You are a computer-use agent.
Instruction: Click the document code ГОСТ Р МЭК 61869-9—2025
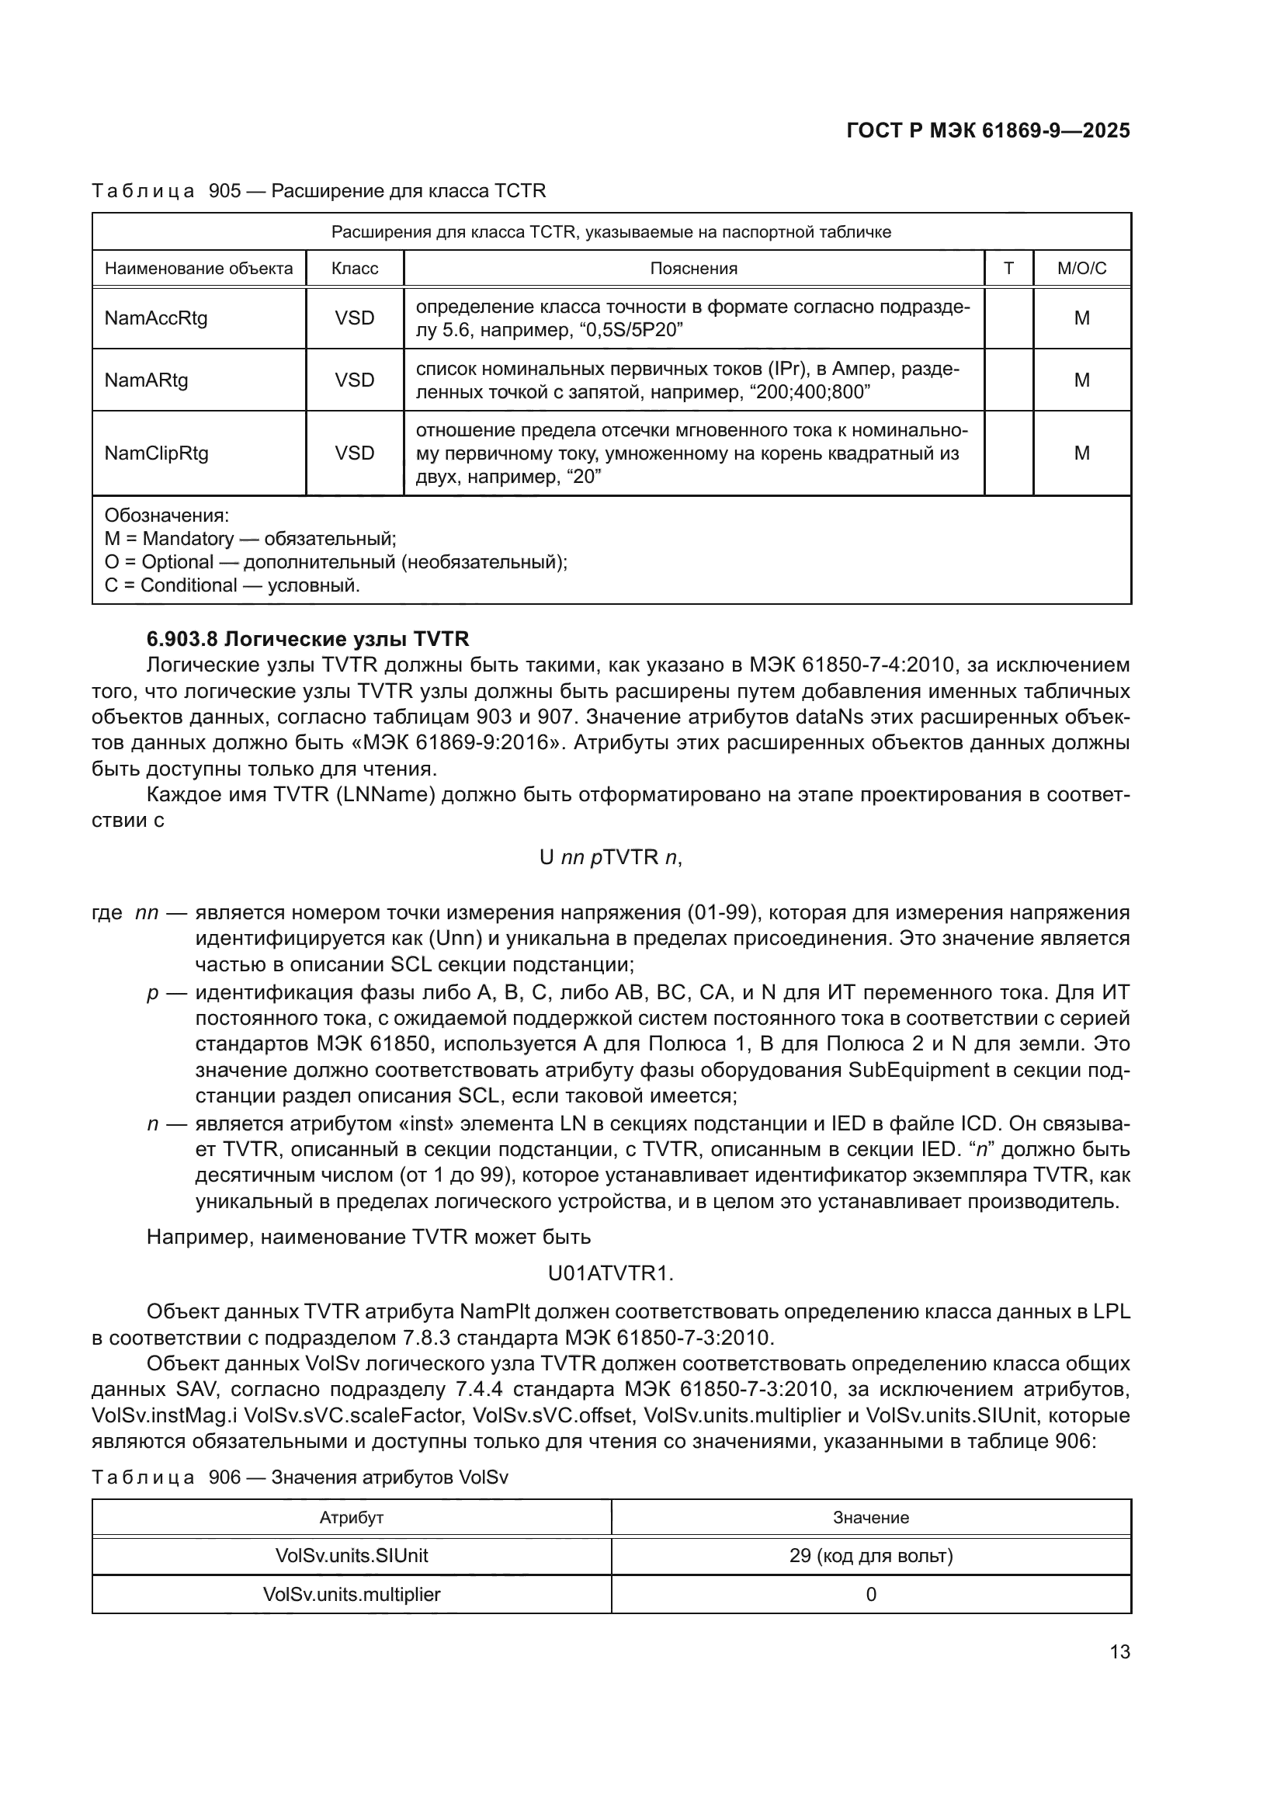click(987, 130)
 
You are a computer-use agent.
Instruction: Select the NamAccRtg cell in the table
click(156, 318)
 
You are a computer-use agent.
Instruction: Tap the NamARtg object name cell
click(146, 380)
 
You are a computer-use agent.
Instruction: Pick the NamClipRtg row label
click(157, 453)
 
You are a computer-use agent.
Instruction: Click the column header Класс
click(354, 268)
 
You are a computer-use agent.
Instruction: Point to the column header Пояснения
click(693, 268)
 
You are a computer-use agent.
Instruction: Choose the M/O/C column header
click(1081, 268)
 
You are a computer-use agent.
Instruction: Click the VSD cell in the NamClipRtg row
click(354, 453)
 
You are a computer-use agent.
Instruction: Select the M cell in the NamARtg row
click(1081, 380)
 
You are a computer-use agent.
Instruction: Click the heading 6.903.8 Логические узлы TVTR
click(307, 638)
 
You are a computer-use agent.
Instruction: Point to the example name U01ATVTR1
click(610, 1273)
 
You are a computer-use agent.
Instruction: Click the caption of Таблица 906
click(300, 1477)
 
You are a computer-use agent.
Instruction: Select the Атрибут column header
click(351, 1518)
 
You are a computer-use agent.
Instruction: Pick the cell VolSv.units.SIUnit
click(351, 1556)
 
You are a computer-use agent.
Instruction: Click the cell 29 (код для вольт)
click(870, 1556)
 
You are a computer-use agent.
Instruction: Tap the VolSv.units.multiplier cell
click(351, 1594)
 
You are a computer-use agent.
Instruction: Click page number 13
click(1119, 1651)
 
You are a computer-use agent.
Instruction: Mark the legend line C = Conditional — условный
click(231, 585)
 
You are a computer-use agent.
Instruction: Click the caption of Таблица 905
click(318, 191)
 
